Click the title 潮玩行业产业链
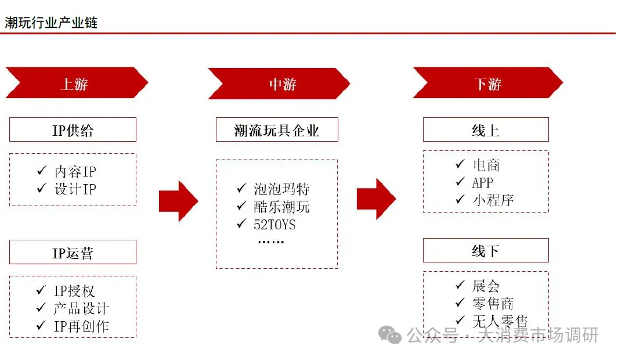pos(51,23)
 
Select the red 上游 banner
pos(76,84)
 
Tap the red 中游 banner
pos(279,84)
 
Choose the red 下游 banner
pos(487,84)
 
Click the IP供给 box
pos(73,130)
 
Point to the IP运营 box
pos(73,253)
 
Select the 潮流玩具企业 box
pos(277,130)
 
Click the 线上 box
pos(486,130)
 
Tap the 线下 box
pos(486,251)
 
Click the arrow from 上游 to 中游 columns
pos(178,201)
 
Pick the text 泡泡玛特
pos(281,189)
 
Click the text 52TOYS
pos(274,225)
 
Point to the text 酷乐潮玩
pos(281,207)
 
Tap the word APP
pos(482,182)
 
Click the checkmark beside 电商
pos(460,164)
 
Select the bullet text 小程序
pos(493,200)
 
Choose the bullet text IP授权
pos(74,291)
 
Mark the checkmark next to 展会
pos(460,285)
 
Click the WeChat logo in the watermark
pos(390,334)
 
